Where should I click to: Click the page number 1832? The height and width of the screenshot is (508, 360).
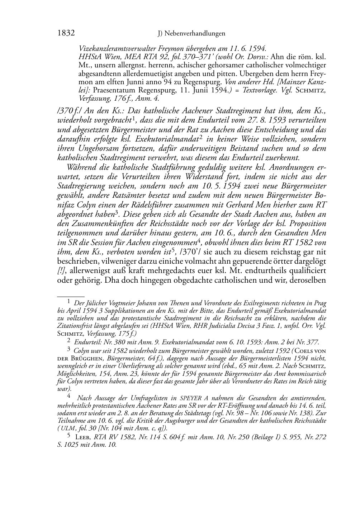click(66, 33)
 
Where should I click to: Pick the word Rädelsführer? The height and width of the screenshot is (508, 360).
click(171, 205)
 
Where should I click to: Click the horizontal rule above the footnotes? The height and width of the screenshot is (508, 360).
click(71, 297)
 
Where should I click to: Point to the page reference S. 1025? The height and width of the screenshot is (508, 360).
click(70, 445)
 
